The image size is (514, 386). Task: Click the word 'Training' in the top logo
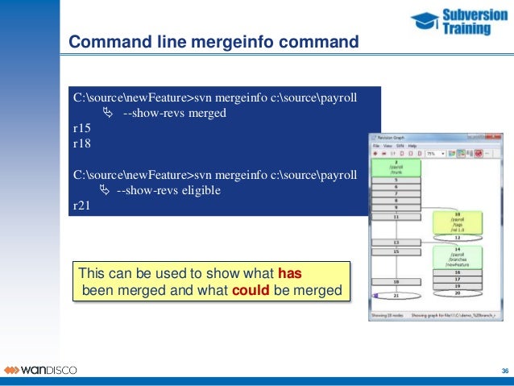[x=466, y=29]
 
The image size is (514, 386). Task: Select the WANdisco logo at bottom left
[x=40, y=370]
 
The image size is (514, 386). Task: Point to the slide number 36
[x=504, y=371]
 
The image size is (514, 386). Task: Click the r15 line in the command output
[x=81, y=128]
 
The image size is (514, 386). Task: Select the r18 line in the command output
[x=81, y=143]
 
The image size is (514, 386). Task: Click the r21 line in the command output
[x=81, y=205]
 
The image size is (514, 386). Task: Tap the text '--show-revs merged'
[x=174, y=113]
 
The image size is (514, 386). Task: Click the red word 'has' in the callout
[x=289, y=273]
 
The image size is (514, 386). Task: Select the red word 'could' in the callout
[x=251, y=290]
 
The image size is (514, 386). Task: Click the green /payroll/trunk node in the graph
[x=396, y=168]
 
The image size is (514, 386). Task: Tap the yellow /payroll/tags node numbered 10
[x=457, y=221]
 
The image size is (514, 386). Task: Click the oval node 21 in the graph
[x=396, y=296]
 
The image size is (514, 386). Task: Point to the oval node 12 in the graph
[x=457, y=237]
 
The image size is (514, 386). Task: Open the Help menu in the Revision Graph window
[x=412, y=145]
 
